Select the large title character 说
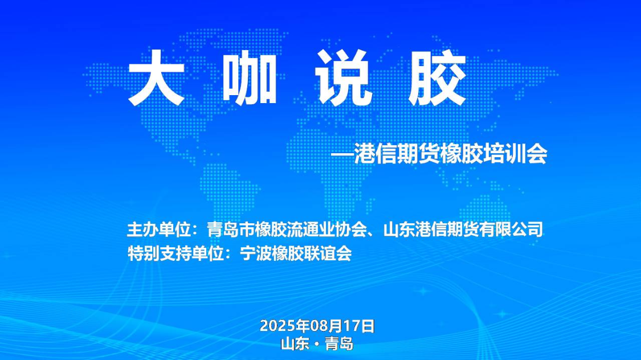pos(344,77)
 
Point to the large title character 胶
pos(437,77)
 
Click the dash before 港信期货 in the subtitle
pos(342,154)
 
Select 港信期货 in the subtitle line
pos(397,154)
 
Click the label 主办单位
pos(159,229)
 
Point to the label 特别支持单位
pos(175,253)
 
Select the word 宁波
pos(255,253)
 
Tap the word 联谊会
pos(328,253)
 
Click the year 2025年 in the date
pos(284,326)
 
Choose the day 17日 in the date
pos(358,326)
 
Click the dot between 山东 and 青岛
pos(317,345)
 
